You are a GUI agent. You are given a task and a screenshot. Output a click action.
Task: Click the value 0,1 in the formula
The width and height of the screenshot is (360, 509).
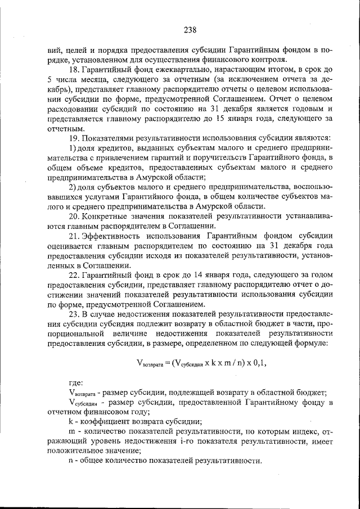[258, 363]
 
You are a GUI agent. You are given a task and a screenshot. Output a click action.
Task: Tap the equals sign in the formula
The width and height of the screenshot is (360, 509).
[167, 363]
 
